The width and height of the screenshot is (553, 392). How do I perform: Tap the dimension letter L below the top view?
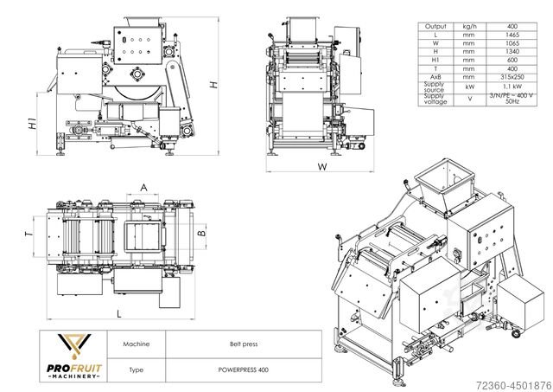118,314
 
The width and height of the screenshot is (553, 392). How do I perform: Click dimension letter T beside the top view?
29,234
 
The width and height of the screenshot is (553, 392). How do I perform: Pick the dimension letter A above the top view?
143,187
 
